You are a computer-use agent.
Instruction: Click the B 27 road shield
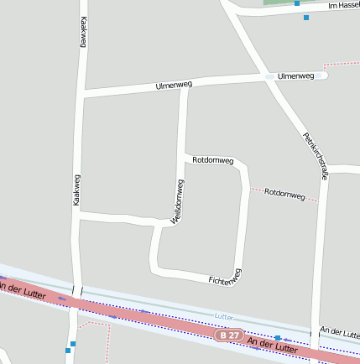pos(227,335)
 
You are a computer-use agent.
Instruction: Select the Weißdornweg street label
pos(178,202)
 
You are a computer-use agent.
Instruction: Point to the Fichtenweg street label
pos(225,277)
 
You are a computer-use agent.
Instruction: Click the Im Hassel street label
pos(343,5)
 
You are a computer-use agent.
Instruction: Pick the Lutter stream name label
pos(223,316)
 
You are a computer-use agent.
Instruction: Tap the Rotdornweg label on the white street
pos(212,159)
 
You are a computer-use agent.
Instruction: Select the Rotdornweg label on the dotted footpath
pos(284,193)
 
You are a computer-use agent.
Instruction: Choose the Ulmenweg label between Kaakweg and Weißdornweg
pos(174,86)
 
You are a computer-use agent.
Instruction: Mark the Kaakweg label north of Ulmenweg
pos(83,33)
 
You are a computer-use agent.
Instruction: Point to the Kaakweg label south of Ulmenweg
pos(76,190)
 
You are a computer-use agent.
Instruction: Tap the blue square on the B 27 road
pos(278,338)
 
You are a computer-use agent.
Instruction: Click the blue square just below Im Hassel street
pos(306,17)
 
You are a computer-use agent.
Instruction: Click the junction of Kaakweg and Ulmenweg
pos(82,92)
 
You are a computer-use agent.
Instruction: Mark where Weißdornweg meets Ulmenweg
pos(184,85)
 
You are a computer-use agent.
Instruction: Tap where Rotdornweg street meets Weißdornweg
pos(184,156)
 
